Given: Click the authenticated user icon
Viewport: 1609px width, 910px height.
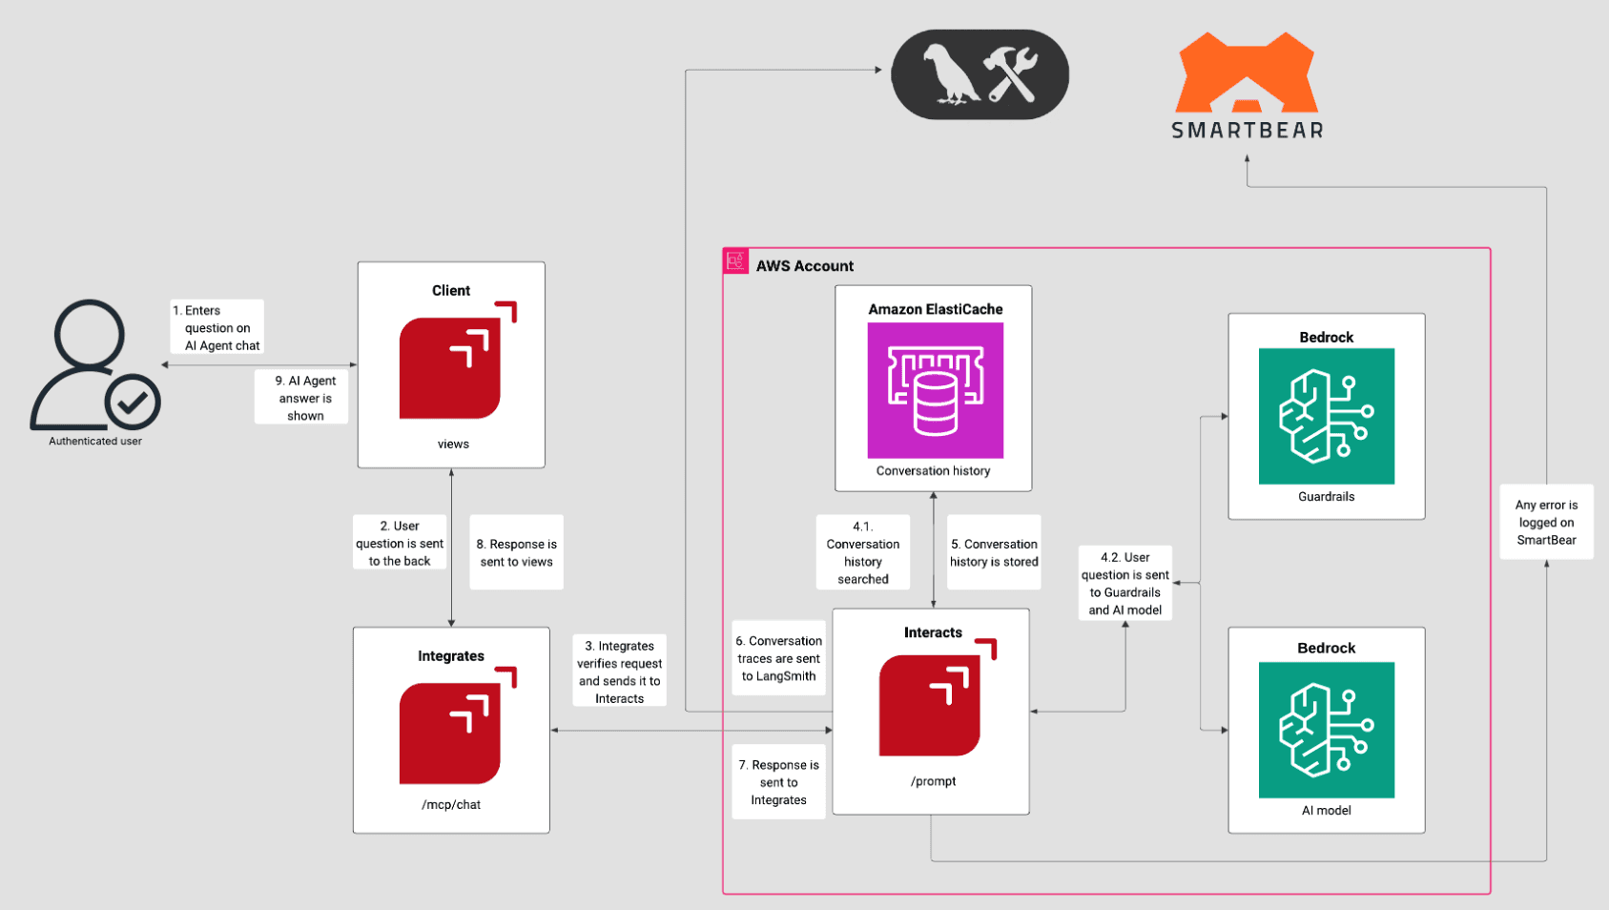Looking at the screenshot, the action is coord(94,365).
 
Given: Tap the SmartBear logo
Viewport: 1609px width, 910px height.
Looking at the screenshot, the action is coord(1247,85).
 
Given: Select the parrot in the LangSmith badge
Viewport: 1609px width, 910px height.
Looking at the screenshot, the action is coord(949,74).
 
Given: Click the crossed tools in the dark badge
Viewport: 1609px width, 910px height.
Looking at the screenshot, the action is coord(1011,74).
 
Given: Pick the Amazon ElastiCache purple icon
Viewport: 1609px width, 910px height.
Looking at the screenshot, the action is coord(936,390).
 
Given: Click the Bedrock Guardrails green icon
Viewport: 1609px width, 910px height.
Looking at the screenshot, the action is coord(1326,416).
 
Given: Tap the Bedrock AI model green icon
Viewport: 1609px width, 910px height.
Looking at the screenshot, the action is coord(1326,730).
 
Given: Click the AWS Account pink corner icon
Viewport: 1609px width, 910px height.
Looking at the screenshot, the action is coord(735,260).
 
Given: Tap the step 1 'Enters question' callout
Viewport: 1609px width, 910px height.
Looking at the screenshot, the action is coord(217,327).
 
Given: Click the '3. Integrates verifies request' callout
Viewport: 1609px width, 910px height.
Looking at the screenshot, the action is coord(619,671).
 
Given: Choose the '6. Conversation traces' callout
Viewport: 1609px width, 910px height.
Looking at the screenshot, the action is coord(778,658).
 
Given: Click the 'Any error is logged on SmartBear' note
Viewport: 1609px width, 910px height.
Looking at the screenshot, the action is coord(1546,522).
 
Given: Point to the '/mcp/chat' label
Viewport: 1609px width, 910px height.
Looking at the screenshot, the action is coord(451,804).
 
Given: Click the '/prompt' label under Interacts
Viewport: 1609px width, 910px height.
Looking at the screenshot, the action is coord(933,780).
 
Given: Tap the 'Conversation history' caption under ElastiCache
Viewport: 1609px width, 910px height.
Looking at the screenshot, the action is coord(933,470).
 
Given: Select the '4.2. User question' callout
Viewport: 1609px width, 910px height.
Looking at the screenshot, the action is coord(1124,583).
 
